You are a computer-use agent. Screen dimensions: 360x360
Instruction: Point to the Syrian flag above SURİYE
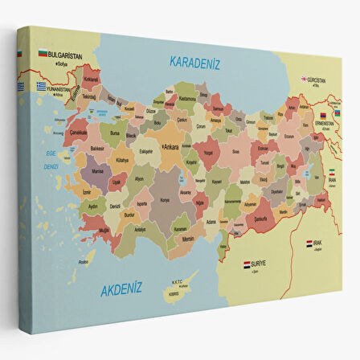pyautogui.click(x=247, y=263)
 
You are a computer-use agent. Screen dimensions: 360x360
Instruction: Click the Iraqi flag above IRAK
pyautogui.click(x=309, y=243)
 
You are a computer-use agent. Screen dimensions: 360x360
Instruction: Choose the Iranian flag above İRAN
pyautogui.click(x=330, y=173)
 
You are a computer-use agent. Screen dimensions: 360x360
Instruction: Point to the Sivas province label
pyautogui.click(x=235, y=150)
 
